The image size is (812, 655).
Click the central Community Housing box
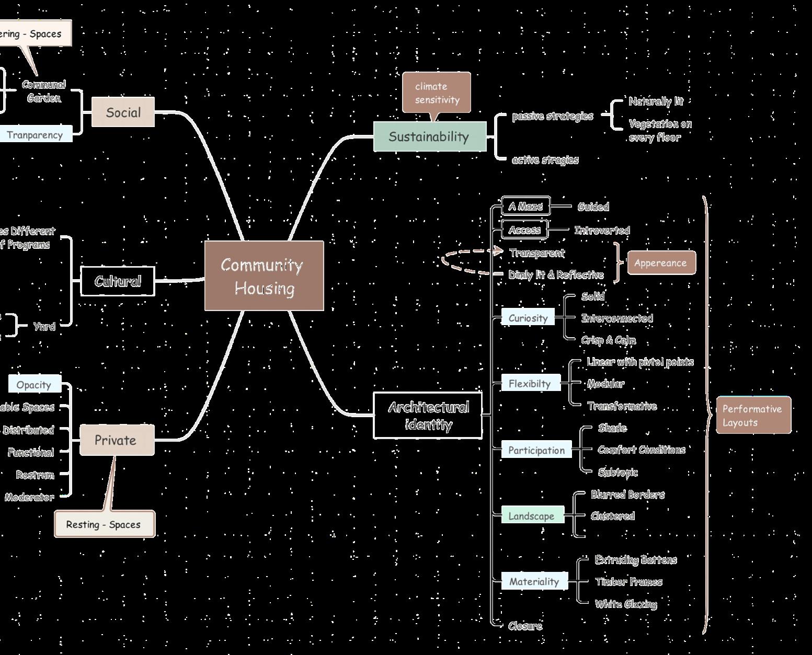pyautogui.click(x=264, y=275)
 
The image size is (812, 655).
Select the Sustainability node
pyautogui.click(x=430, y=136)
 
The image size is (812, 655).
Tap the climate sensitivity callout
pyautogui.click(x=437, y=93)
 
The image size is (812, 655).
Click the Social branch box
pyautogui.click(x=123, y=112)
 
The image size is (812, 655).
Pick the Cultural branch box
pyautogui.click(x=118, y=281)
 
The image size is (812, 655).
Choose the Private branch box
pyautogui.click(x=117, y=440)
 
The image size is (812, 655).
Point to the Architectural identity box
pyautogui.click(x=428, y=415)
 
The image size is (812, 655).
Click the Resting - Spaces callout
pyautogui.click(x=105, y=524)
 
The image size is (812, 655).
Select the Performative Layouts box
pyautogui.click(x=753, y=415)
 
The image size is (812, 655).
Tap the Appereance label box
pyautogui.click(x=661, y=262)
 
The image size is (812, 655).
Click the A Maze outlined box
pyautogui.click(x=525, y=206)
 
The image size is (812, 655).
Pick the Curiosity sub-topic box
pyautogui.click(x=528, y=318)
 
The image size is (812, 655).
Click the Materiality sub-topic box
pyautogui.click(x=534, y=581)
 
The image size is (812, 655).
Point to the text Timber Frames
pyautogui.click(x=628, y=582)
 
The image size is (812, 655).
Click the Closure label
pyautogui.click(x=525, y=626)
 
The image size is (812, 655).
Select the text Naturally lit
pyautogui.click(x=656, y=101)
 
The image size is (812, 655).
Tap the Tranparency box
pyautogui.click(x=35, y=134)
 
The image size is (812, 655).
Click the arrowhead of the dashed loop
pyautogui.click(x=500, y=251)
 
